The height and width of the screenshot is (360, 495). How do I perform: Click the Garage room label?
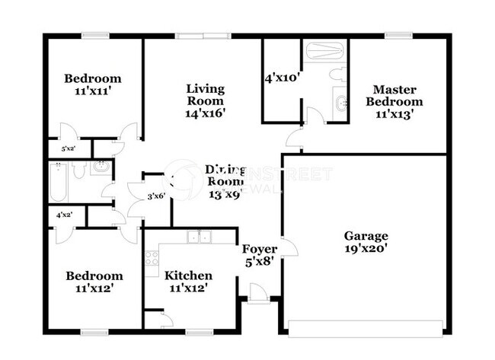[366, 236]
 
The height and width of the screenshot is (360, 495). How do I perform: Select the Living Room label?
[205, 95]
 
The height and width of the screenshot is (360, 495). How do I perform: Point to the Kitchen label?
[189, 275]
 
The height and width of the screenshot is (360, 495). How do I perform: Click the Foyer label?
[260, 249]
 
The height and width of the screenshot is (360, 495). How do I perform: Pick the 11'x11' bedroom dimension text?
[92, 91]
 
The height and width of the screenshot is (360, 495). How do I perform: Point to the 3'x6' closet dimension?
[156, 196]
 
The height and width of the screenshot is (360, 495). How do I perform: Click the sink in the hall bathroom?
[98, 167]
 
